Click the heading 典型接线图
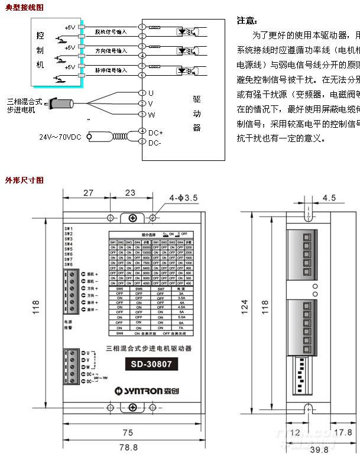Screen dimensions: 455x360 [x=24, y=8]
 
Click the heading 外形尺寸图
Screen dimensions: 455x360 [x=24, y=179]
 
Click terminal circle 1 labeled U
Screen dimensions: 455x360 [x=142, y=93]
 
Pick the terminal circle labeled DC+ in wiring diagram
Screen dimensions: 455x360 [x=142, y=131]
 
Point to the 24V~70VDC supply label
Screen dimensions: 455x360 [x=61, y=137]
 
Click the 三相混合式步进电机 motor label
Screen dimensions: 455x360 [x=23, y=105]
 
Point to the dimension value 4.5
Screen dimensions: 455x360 [x=329, y=198]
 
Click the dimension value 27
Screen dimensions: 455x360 [x=88, y=193]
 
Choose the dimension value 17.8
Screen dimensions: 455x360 [x=343, y=433]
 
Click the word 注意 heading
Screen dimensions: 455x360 [x=247, y=20]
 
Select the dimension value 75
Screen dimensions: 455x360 [x=128, y=432]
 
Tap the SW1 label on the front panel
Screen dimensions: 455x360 [x=69, y=228]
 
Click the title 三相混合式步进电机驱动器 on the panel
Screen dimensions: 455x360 [x=148, y=349]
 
